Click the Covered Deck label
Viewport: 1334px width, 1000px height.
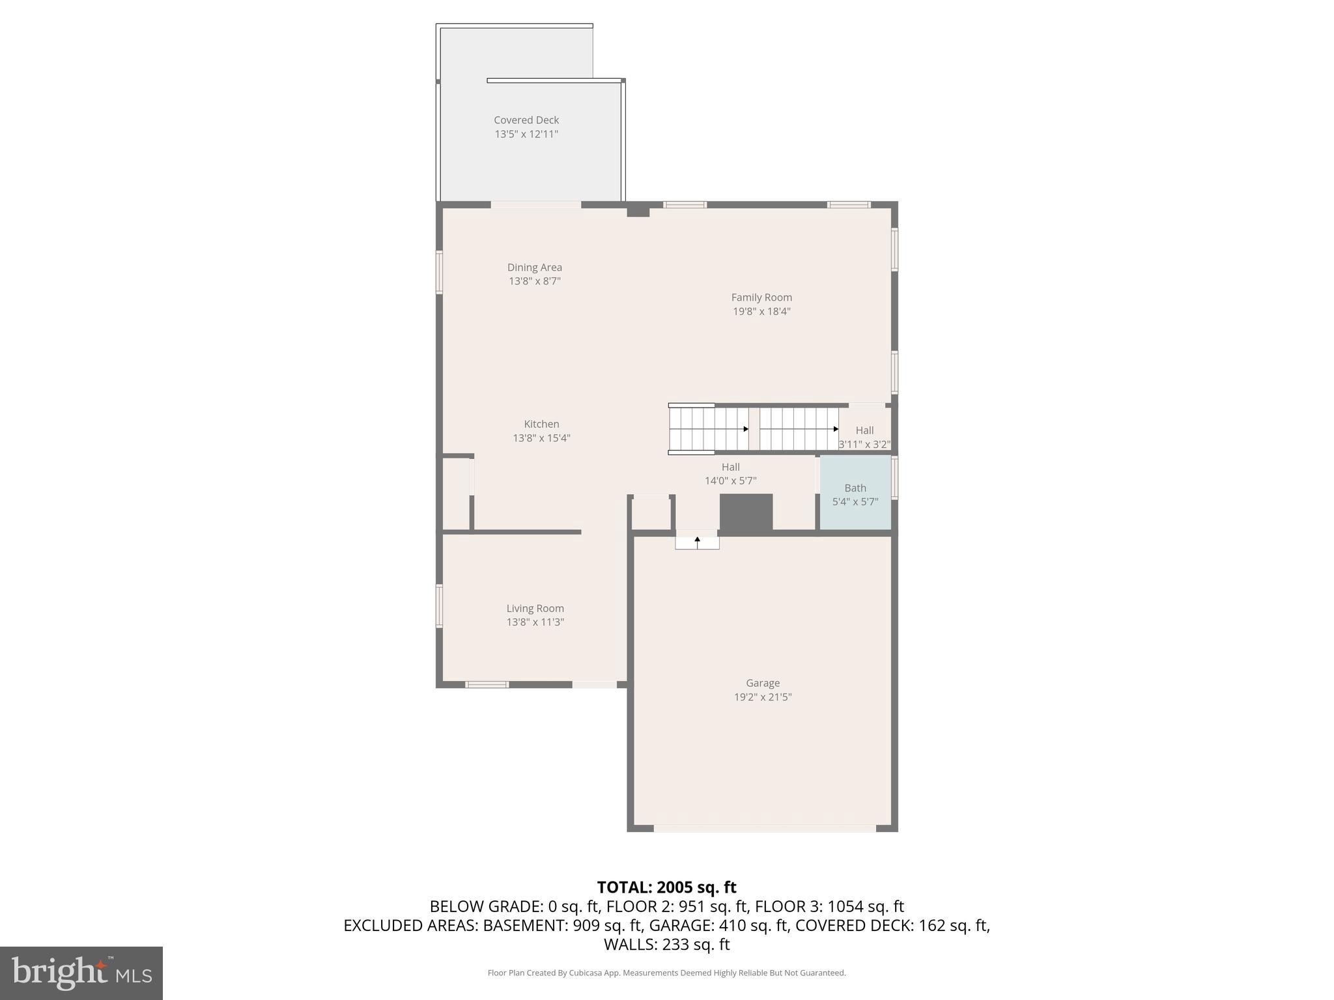pyautogui.click(x=526, y=120)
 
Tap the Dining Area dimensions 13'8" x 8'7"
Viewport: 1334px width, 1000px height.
pyautogui.click(x=534, y=281)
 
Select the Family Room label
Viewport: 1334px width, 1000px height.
pyautogui.click(x=761, y=298)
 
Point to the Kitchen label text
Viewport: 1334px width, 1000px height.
pyautogui.click(x=541, y=424)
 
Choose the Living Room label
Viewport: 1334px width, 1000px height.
pyautogui.click(x=535, y=609)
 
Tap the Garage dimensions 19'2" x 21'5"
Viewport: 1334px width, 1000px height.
pyautogui.click(x=763, y=697)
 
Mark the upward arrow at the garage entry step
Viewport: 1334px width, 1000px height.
pyautogui.click(x=697, y=541)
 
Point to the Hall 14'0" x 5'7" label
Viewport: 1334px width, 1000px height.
pyautogui.click(x=730, y=474)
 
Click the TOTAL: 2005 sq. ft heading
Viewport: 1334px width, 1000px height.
pyautogui.click(x=666, y=887)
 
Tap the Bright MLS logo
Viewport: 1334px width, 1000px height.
pyautogui.click(x=81, y=973)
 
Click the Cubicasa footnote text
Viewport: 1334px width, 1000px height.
pyautogui.click(x=666, y=973)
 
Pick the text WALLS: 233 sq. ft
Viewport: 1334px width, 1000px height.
pyautogui.click(x=666, y=945)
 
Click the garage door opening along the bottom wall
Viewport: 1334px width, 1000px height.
pyautogui.click(x=765, y=829)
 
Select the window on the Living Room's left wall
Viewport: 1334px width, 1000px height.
pyautogui.click(x=440, y=606)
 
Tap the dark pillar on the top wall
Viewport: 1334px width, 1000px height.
pyautogui.click(x=638, y=210)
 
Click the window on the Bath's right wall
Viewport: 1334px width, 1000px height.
pyautogui.click(x=894, y=478)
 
